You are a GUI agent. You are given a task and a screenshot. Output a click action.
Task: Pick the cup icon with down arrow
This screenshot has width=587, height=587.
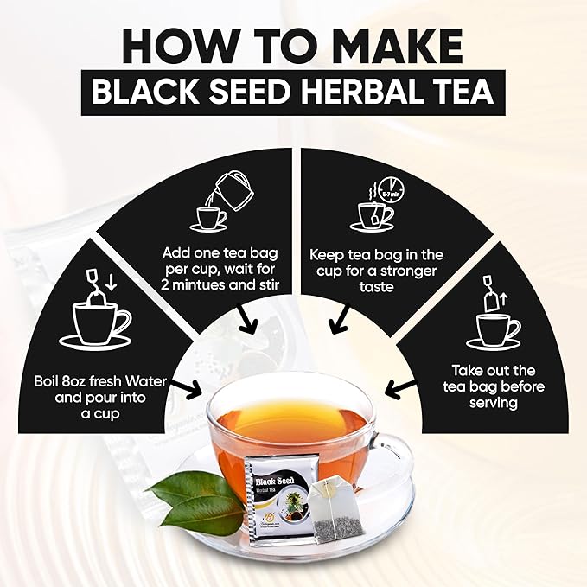(x=97, y=315)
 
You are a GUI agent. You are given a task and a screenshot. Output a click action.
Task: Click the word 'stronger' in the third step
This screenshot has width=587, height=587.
(x=404, y=271)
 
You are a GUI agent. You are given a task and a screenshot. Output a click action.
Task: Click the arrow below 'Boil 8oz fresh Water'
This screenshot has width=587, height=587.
(x=190, y=387)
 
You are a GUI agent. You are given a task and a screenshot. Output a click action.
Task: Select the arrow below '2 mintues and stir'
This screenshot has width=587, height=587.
(x=251, y=322)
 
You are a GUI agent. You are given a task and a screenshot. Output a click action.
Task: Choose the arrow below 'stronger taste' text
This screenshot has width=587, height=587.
(x=338, y=322)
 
